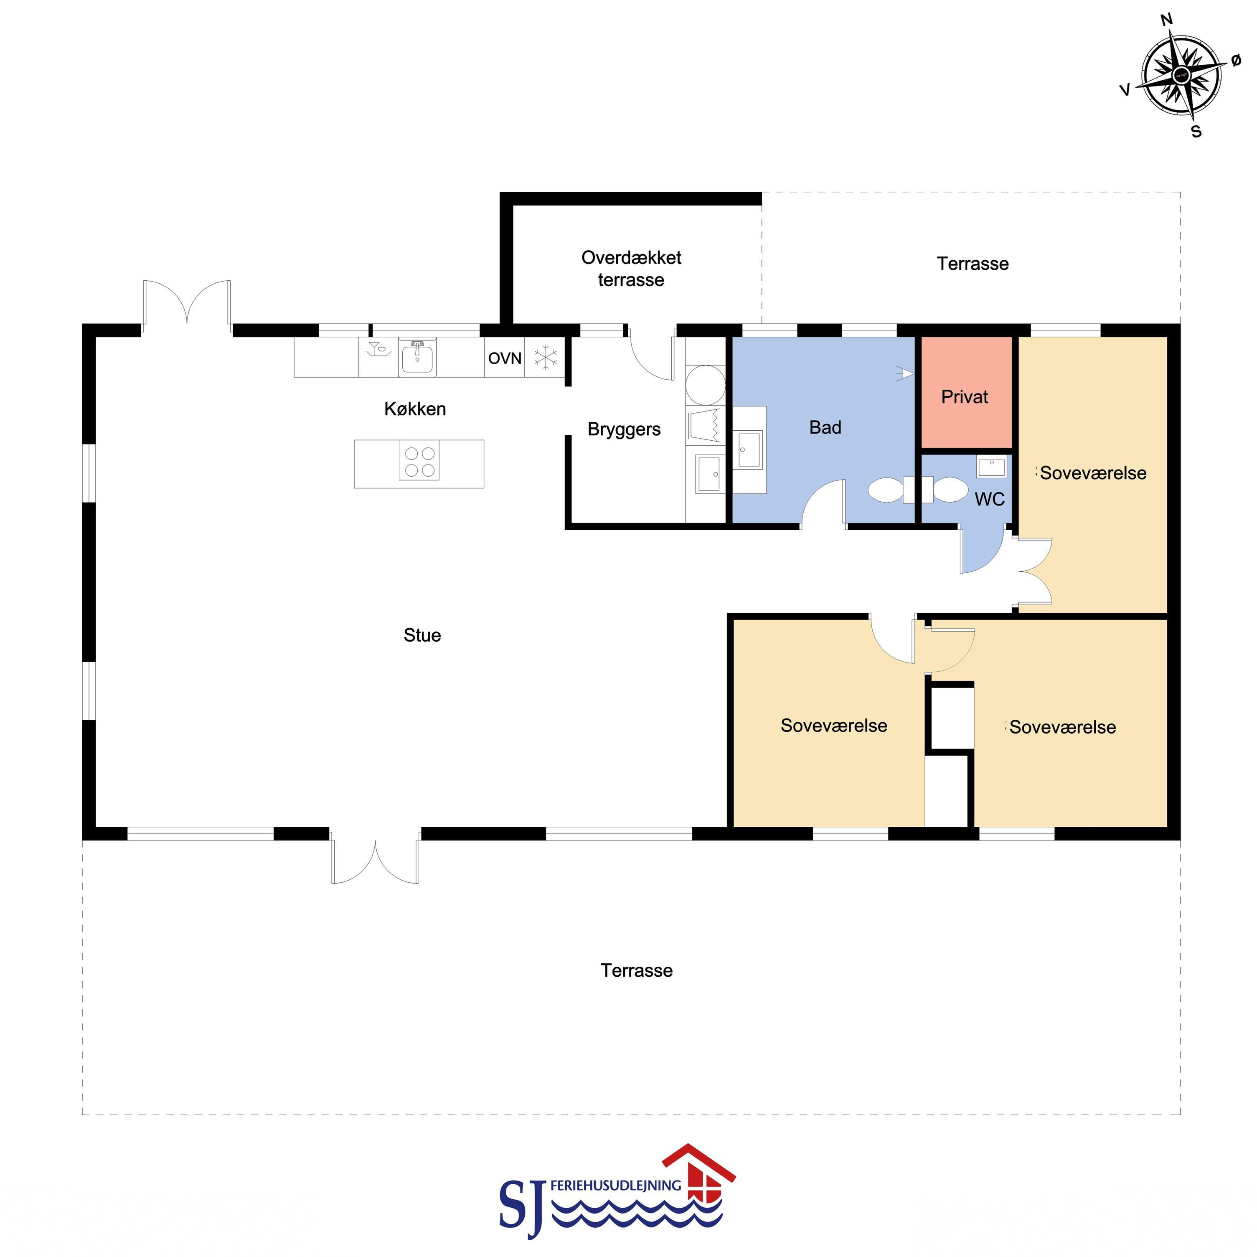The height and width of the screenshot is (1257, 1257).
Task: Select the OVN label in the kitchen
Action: pyautogui.click(x=505, y=358)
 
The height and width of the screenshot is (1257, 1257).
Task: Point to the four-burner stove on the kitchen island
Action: pyautogui.click(x=419, y=461)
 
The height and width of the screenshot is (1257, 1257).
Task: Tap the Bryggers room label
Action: pyautogui.click(x=624, y=429)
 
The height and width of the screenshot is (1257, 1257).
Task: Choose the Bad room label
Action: pyautogui.click(x=825, y=427)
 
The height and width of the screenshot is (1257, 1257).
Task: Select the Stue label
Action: pyautogui.click(x=422, y=635)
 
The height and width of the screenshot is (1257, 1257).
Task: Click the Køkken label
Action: pyautogui.click(x=415, y=409)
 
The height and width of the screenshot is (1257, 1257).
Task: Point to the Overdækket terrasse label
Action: pyautogui.click(x=631, y=269)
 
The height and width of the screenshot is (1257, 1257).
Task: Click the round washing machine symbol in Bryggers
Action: pyautogui.click(x=706, y=385)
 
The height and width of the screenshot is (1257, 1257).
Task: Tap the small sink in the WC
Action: pyautogui.click(x=991, y=467)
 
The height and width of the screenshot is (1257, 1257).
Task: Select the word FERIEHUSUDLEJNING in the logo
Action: pyautogui.click(x=615, y=1186)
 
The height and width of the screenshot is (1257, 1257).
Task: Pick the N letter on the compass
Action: pyautogui.click(x=1167, y=20)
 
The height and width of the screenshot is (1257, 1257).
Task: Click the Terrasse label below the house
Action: pyautogui.click(x=636, y=971)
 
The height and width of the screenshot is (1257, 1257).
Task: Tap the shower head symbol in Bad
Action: pyautogui.click(x=904, y=373)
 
